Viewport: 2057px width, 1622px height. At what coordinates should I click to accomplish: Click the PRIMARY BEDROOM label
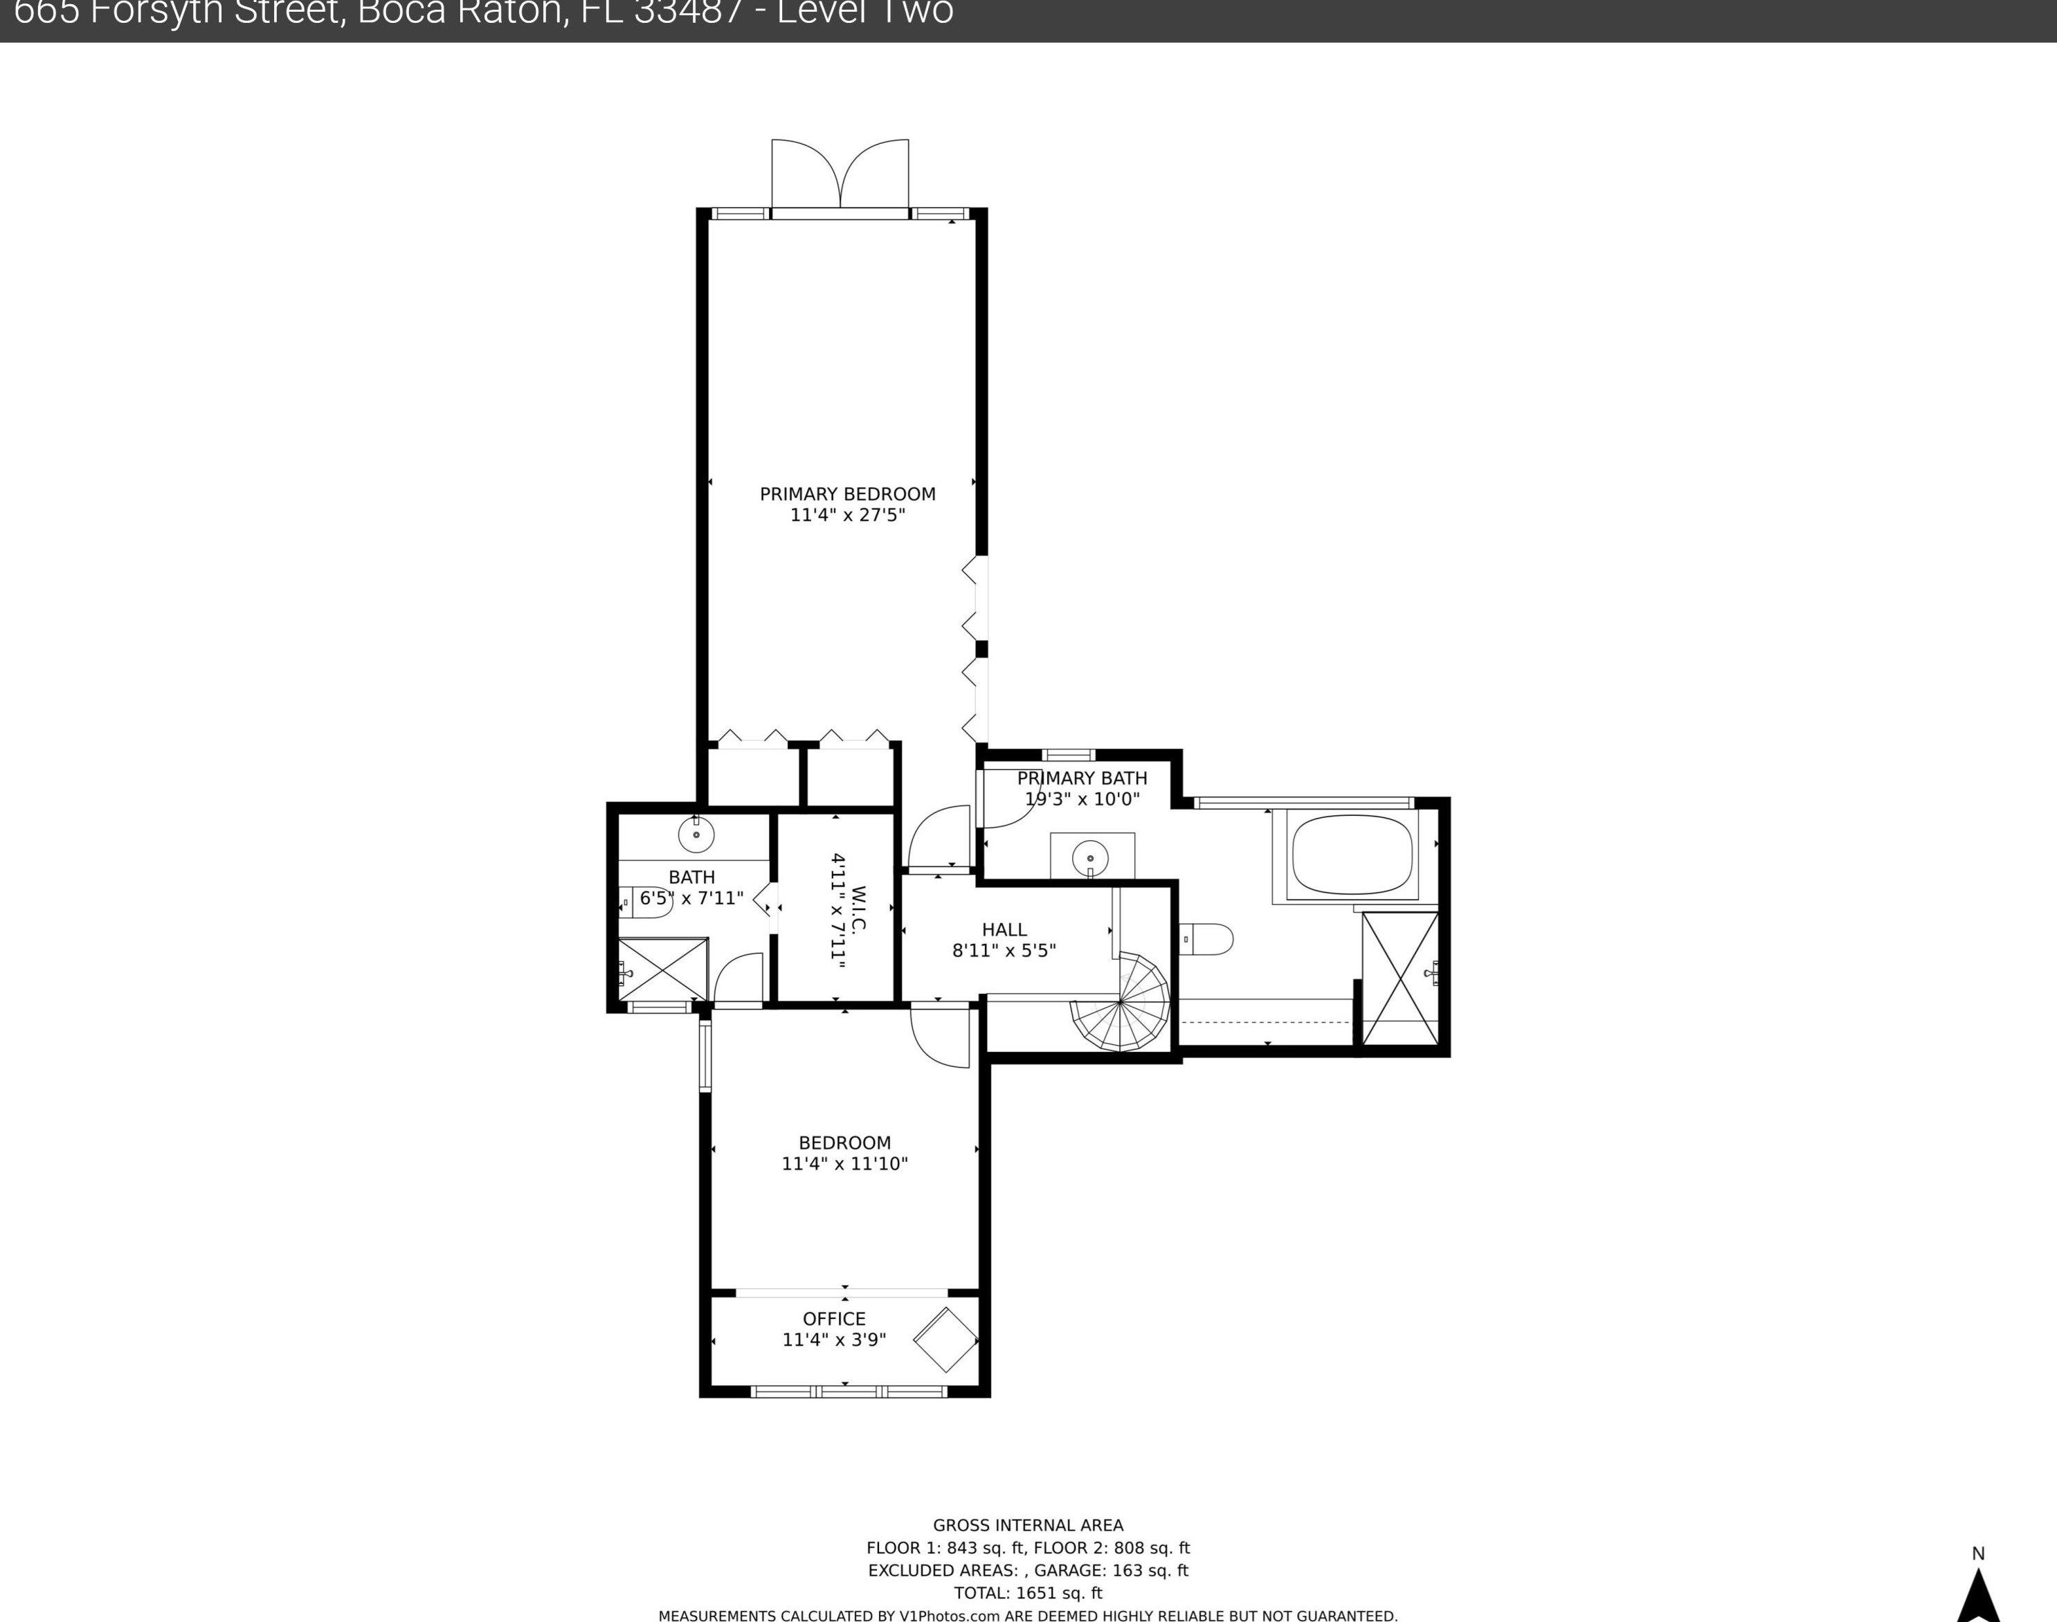click(x=847, y=494)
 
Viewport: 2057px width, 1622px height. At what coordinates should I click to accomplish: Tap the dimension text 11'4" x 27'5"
click(x=847, y=516)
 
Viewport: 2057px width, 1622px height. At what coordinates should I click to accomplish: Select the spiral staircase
click(x=1121, y=1002)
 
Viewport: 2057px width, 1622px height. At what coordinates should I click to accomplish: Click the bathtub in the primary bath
click(x=1352, y=854)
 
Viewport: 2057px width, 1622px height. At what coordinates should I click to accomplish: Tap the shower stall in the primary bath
click(x=1399, y=979)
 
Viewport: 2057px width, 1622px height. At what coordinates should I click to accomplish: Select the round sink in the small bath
click(x=696, y=835)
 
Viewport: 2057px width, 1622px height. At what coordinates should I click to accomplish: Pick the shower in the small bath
click(x=663, y=969)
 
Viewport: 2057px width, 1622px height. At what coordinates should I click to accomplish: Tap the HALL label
click(x=1004, y=930)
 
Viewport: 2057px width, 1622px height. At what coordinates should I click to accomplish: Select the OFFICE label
click(x=834, y=1319)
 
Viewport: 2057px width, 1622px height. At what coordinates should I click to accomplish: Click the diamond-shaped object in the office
click(x=945, y=1339)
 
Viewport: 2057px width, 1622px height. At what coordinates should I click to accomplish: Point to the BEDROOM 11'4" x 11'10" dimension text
click(x=844, y=1163)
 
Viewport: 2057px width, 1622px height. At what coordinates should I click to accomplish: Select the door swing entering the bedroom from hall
click(x=939, y=1036)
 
